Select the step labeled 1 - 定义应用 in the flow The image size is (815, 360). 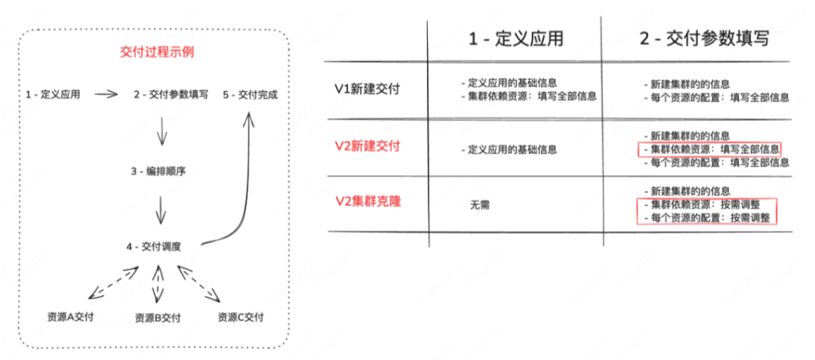coord(53,94)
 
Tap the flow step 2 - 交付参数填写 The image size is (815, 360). coord(171,94)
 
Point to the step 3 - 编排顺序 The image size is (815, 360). coord(158,171)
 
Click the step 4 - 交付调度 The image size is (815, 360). coord(153,246)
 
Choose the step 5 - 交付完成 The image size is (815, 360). coord(251,94)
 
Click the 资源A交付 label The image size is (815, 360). coord(70,317)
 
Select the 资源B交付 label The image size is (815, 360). coord(158,318)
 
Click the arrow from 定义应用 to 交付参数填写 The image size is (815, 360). coord(106,94)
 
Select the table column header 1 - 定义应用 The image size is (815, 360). coord(515,38)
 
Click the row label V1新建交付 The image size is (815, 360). coord(367,89)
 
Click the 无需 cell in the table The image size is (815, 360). coord(479,205)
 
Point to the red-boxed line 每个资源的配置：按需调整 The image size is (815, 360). coord(706,217)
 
